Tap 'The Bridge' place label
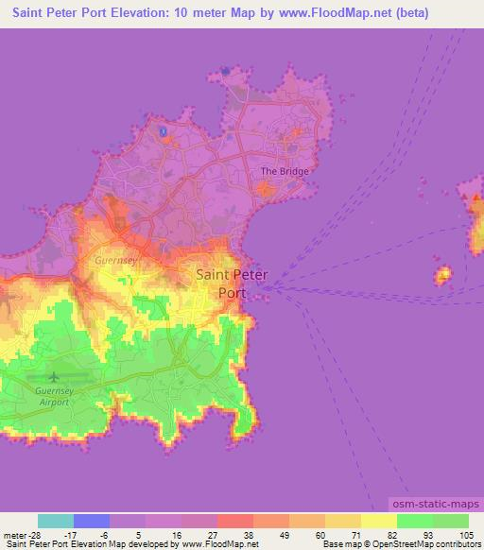(285, 172)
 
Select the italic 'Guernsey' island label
(117, 257)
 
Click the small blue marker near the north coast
(163, 131)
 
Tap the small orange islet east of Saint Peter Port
(442, 276)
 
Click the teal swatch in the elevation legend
(56, 521)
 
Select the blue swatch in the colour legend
(92, 521)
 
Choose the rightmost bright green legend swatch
(451, 521)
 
